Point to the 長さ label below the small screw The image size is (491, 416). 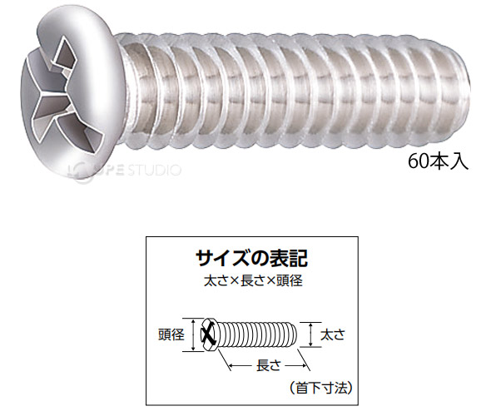[267, 363]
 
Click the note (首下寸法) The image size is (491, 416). [319, 387]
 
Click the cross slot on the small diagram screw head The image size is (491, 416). [209, 335]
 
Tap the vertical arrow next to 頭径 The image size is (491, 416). [194, 334]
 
